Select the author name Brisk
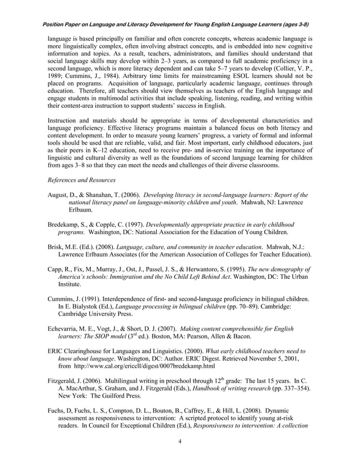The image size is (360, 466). [57, 247]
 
